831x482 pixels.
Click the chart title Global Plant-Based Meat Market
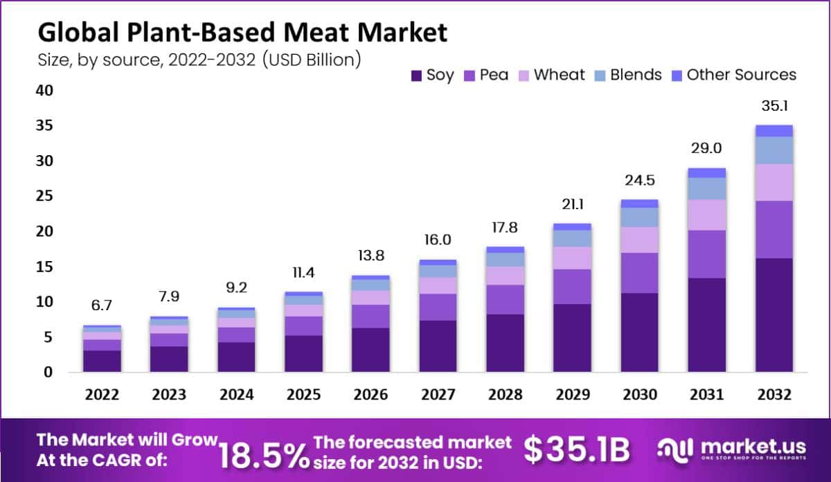(242, 33)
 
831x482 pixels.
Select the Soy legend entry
(433, 75)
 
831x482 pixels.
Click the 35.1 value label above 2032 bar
(774, 107)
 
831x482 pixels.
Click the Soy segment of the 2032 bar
(774, 315)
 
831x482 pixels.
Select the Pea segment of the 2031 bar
(706, 254)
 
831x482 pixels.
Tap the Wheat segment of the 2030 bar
(639, 240)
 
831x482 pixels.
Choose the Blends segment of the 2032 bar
(774, 150)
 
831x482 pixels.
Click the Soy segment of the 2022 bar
(102, 361)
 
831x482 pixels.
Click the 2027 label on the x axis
(438, 395)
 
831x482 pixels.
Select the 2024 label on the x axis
(236, 395)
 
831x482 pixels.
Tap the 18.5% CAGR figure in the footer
(264, 454)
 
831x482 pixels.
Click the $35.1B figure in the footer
(576, 451)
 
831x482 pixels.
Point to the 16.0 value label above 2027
(438, 240)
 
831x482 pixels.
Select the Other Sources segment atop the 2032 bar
(774, 131)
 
